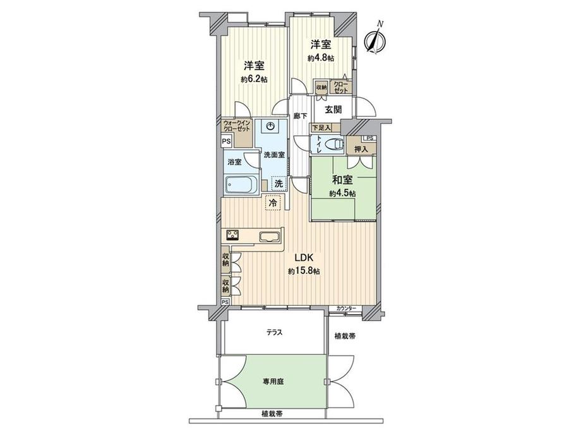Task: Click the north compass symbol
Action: pyautogui.click(x=374, y=39)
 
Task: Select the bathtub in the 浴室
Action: pyautogui.click(x=242, y=185)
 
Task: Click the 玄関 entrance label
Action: pyautogui.click(x=333, y=110)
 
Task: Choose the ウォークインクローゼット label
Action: pyautogui.click(x=237, y=126)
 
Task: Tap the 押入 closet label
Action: pyautogui.click(x=361, y=149)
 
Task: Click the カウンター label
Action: pyautogui.click(x=347, y=308)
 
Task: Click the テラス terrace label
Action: pyautogui.click(x=275, y=332)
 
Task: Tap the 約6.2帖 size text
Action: pyautogui.click(x=253, y=80)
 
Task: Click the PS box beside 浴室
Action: pyautogui.click(x=226, y=141)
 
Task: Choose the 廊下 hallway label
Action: pyautogui.click(x=300, y=116)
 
